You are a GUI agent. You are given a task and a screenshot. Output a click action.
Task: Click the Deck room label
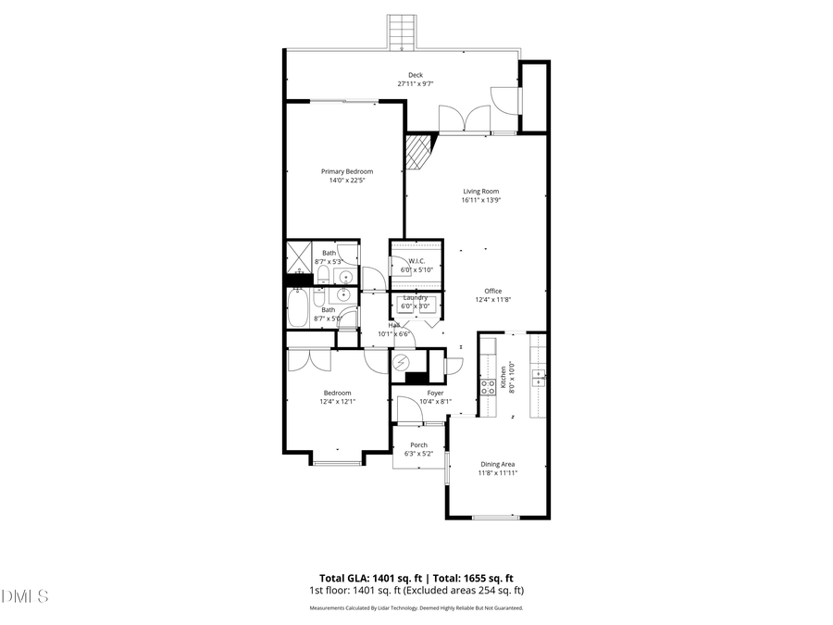point(416,75)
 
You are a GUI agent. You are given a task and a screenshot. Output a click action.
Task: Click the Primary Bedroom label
point(347,171)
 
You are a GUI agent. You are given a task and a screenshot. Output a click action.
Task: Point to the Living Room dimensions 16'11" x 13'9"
point(481,200)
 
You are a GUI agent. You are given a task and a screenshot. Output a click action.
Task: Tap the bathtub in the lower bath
point(300,309)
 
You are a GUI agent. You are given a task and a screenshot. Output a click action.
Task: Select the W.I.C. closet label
point(416,261)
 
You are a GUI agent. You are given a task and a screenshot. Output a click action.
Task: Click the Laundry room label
point(416,297)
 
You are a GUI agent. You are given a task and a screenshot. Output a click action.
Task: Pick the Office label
point(492,291)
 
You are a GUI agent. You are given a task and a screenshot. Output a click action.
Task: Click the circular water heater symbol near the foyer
point(402,363)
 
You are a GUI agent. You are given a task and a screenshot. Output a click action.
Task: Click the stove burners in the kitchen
point(485,386)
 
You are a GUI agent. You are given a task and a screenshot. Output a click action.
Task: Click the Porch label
point(419,445)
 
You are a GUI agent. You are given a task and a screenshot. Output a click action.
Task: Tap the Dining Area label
point(497,464)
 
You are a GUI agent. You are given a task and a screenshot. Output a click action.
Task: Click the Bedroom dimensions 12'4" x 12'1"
point(337,402)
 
